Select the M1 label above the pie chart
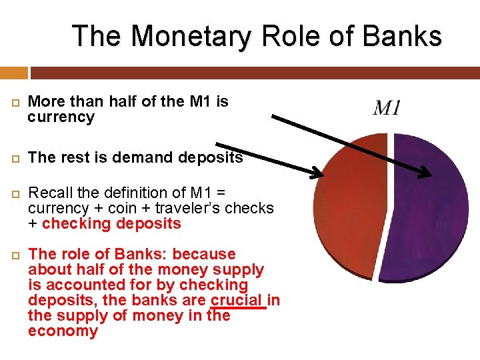tap(387, 108)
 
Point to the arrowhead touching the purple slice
tap(426, 175)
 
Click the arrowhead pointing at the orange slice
tap(316, 175)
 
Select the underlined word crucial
tap(237, 300)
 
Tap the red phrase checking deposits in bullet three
tap(111, 223)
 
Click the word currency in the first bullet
tap(61, 117)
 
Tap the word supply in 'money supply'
tap(238, 269)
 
